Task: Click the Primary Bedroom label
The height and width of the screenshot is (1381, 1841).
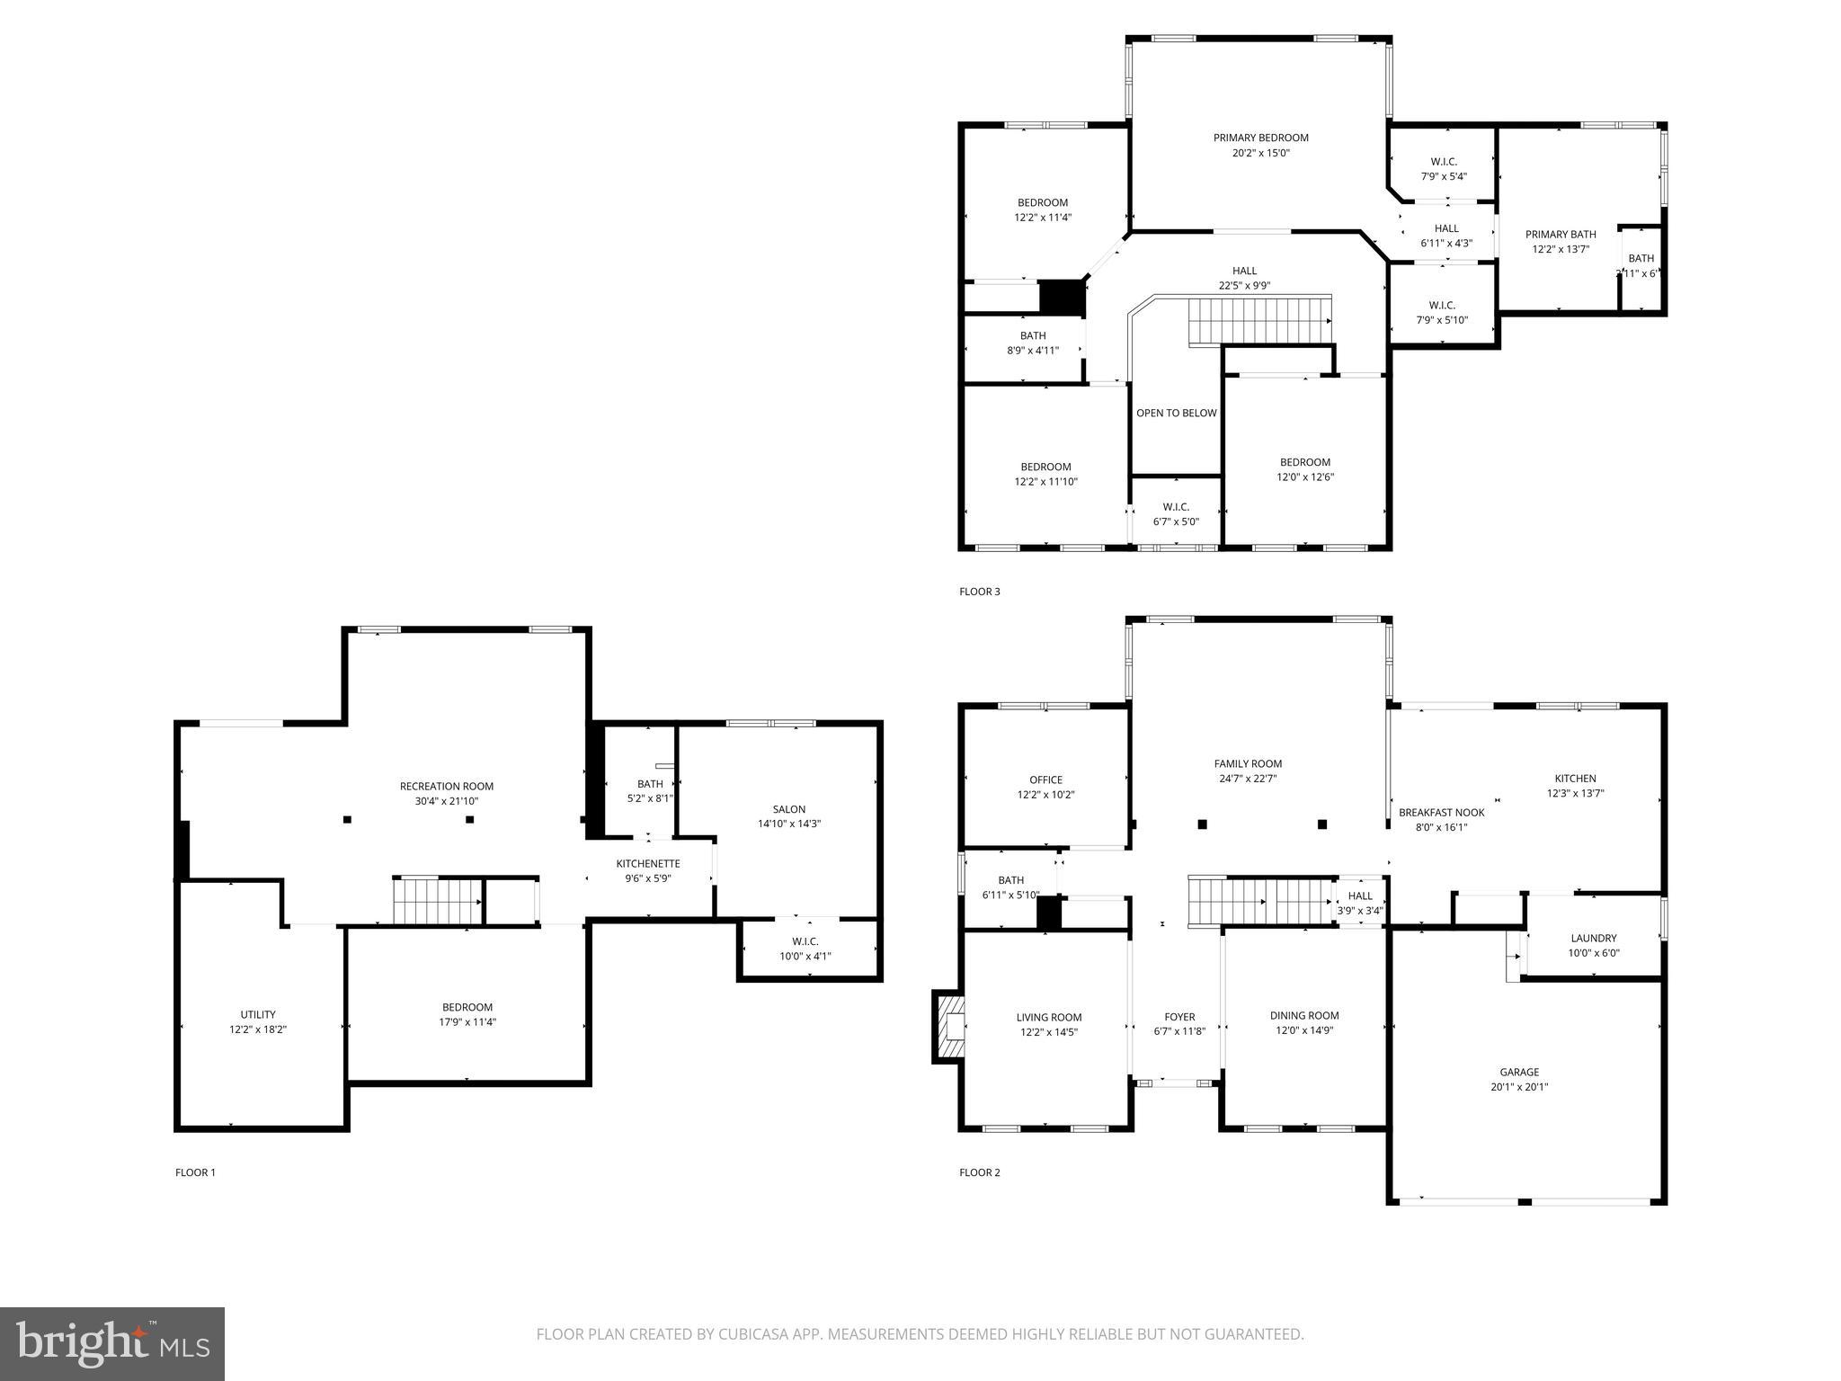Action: click(x=1260, y=138)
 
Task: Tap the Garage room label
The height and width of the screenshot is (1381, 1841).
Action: click(x=1518, y=1072)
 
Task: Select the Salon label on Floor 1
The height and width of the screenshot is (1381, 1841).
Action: click(x=788, y=809)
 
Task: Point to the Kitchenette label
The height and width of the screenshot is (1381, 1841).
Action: click(x=647, y=864)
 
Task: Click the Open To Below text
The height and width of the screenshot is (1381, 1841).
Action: click(x=1176, y=414)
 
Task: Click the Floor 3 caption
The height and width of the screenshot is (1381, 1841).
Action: click(x=979, y=592)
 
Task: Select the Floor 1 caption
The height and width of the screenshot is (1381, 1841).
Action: click(x=195, y=1172)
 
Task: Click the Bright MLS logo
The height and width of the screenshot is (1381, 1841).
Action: click(x=112, y=1343)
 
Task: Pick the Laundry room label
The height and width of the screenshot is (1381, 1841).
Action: click(x=1593, y=938)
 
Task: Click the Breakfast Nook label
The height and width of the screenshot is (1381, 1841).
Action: click(x=1441, y=813)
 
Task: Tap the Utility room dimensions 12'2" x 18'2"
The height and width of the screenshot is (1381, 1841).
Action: click(x=258, y=1029)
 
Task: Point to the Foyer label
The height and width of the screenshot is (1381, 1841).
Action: click(x=1179, y=1017)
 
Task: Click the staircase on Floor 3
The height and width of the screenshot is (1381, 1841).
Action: click(x=1258, y=322)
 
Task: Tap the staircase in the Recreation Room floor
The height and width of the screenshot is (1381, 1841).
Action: click(x=437, y=901)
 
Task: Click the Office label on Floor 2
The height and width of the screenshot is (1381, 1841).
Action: click(x=1045, y=780)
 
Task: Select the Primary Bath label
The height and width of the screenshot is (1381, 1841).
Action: click(x=1560, y=235)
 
